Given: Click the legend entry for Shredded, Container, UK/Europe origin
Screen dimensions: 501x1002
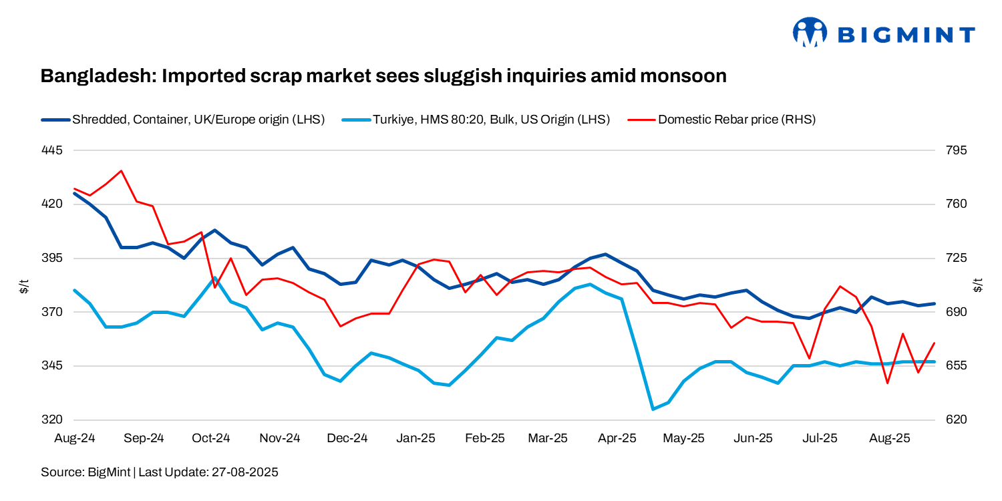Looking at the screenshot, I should (183, 120).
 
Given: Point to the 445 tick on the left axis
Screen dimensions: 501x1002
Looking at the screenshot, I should (53, 150).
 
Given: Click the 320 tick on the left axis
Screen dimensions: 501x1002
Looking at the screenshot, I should (53, 420).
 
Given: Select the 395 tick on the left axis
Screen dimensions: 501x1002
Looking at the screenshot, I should (53, 258).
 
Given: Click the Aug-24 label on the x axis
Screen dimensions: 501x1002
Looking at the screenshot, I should (74, 438).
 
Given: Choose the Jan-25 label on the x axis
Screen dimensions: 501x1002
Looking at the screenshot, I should (415, 438).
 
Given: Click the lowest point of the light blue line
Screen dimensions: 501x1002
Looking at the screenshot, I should (653, 409).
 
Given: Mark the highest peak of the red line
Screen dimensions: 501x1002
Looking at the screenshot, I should (121, 171).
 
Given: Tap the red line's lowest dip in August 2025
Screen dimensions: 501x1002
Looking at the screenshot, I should (887, 383).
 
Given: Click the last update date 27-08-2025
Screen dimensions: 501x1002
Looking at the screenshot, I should (244, 472).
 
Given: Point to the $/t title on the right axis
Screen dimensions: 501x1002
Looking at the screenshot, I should (979, 285).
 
